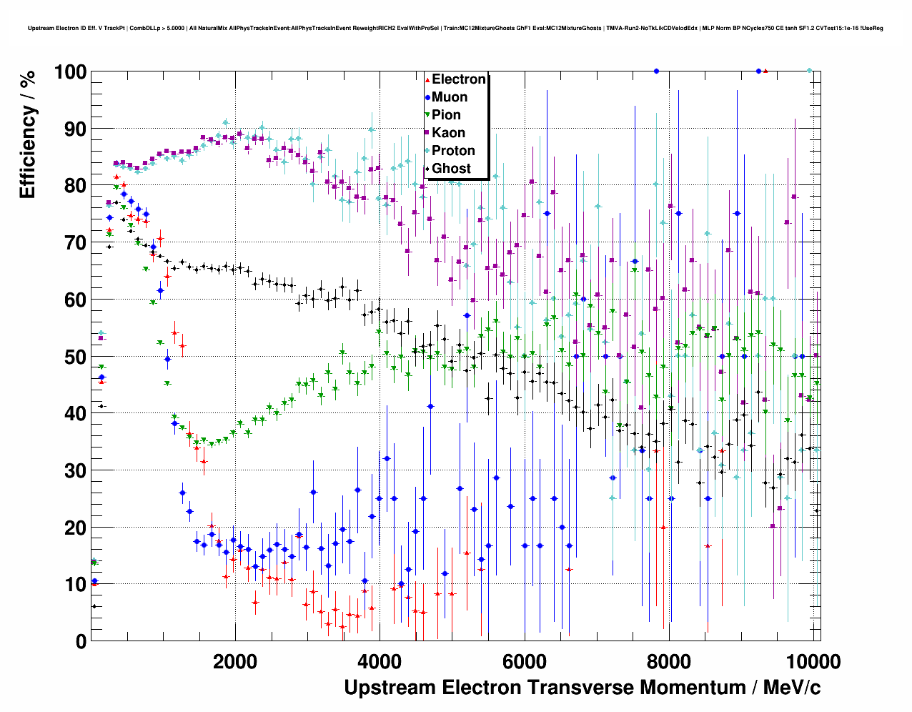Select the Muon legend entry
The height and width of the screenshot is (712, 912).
450,97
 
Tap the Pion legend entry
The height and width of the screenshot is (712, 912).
446,115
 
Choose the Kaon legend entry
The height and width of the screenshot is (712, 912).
448,133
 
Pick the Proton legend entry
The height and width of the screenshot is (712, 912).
453,151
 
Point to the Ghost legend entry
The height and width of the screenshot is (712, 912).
451,169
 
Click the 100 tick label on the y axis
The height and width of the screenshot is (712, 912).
70,72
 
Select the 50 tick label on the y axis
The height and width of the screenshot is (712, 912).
75,357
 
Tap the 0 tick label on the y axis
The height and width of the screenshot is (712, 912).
81,641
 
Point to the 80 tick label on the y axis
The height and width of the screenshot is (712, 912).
75,186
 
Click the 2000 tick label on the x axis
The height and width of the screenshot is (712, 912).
234,661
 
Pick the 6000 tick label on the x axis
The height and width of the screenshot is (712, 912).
524,661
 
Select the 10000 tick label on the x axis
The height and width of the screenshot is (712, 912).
813,661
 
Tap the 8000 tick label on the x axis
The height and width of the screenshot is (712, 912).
669,661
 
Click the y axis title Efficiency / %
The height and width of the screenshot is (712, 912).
27,134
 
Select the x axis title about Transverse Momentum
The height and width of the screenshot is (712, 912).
582,688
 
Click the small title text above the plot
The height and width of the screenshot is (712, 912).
455,29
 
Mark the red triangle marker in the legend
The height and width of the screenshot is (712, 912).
427,79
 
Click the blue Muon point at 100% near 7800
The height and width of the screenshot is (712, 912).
656,71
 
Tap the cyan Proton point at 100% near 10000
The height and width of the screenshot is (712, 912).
809,71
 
